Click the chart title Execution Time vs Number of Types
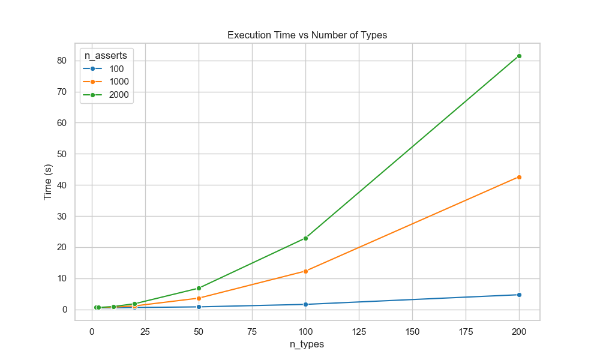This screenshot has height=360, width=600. (307, 35)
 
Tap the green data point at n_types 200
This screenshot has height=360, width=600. (519, 56)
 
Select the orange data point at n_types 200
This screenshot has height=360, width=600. (519, 177)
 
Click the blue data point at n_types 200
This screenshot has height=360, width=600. (519, 295)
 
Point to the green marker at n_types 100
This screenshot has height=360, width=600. (305, 238)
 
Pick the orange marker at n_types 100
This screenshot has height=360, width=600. (305, 271)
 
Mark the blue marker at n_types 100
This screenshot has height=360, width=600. (305, 304)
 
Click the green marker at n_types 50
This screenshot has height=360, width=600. (199, 288)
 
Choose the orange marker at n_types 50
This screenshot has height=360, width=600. (199, 298)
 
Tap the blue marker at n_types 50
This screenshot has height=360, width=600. (199, 307)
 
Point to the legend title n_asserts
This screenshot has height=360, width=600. (106, 55)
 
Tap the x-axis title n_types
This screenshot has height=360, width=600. (307, 344)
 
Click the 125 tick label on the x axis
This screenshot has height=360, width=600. (359, 331)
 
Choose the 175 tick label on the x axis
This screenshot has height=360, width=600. (466, 331)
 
